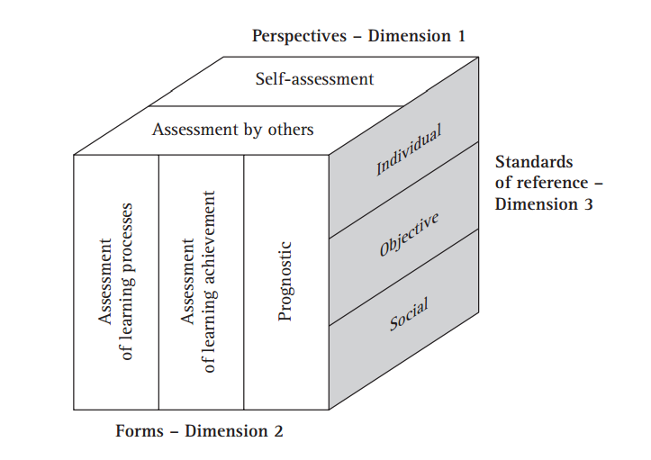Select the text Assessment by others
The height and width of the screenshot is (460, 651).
click(x=232, y=130)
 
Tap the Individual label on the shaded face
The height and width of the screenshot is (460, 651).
click(x=409, y=150)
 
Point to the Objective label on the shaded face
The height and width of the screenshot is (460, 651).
click(x=410, y=235)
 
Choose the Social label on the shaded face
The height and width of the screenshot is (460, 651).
click(x=409, y=311)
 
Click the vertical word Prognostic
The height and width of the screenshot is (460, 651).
click(x=285, y=280)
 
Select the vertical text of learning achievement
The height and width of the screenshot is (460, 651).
click(x=211, y=281)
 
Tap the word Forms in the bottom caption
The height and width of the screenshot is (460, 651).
click(x=140, y=430)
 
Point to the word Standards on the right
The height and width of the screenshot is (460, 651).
click(x=534, y=162)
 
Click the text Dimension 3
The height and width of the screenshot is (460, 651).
click(x=544, y=203)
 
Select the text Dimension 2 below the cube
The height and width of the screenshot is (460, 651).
click(x=234, y=430)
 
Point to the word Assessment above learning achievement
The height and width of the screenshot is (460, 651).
click(x=189, y=281)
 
